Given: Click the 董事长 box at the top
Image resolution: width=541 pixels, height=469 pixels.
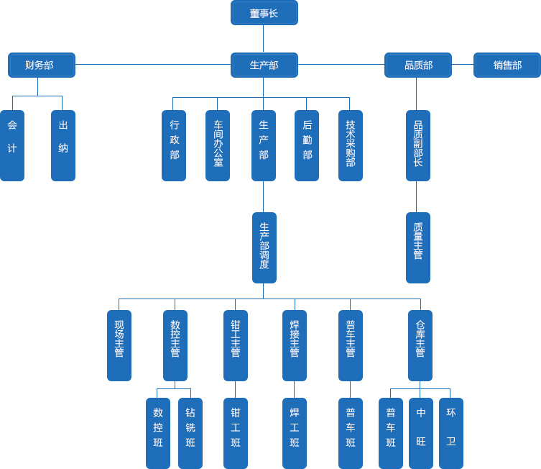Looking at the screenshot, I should pyautogui.click(x=264, y=13).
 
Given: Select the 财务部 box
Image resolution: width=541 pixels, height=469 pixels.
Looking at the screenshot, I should pyautogui.click(x=41, y=65).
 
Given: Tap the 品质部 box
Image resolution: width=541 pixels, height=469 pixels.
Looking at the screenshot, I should pyautogui.click(x=417, y=65).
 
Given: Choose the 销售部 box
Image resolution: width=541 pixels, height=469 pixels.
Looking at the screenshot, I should pyautogui.click(x=507, y=65).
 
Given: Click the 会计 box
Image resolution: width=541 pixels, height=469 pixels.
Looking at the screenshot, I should pyautogui.click(x=12, y=145).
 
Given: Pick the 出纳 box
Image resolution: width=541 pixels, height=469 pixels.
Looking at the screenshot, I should pyautogui.click(x=63, y=145).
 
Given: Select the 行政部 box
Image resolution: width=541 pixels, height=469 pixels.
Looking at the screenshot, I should pyautogui.click(x=174, y=145).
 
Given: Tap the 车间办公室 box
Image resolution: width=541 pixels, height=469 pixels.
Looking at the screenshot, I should pyautogui.click(x=218, y=145).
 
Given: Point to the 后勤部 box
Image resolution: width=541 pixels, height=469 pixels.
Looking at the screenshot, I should pyautogui.click(x=307, y=145).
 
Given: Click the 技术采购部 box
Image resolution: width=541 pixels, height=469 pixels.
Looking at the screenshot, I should pyautogui.click(x=350, y=145).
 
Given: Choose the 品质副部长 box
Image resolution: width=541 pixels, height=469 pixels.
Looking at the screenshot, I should pyautogui.click(x=417, y=145).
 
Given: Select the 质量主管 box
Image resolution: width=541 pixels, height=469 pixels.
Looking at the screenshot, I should pyautogui.click(x=417, y=247).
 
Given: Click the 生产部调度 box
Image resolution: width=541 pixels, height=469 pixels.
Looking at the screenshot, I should pyautogui.click(x=264, y=247).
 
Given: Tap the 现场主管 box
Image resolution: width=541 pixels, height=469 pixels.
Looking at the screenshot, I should pyautogui.click(x=119, y=345).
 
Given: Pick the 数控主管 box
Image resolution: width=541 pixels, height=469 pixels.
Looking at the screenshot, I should pyautogui.click(x=175, y=345).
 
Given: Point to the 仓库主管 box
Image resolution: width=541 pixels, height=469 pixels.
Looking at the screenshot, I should pyautogui.click(x=420, y=345).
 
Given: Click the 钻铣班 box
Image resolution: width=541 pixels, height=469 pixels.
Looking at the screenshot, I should pyautogui.click(x=190, y=433).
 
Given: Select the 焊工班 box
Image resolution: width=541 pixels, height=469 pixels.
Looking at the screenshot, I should pyautogui.click(x=294, y=433).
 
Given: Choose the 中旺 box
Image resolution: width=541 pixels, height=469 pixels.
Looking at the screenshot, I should pyautogui.click(x=420, y=433).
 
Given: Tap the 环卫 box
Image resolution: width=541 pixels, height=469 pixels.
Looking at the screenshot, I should pyautogui.click(x=450, y=433).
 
